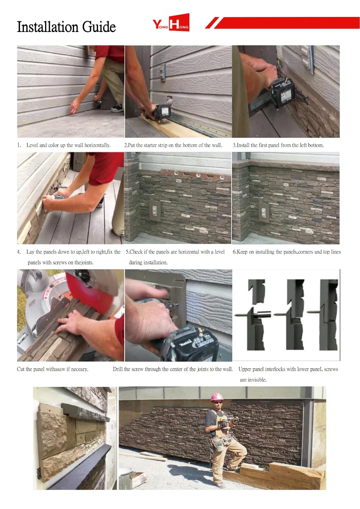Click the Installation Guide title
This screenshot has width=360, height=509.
(x=66, y=27)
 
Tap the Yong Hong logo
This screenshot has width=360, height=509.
(x=171, y=23)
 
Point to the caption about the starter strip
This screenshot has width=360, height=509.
(x=173, y=145)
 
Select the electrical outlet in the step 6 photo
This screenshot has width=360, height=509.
(x=263, y=212)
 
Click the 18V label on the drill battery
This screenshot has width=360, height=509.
(x=199, y=340)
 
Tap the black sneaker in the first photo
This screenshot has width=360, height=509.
(x=117, y=108)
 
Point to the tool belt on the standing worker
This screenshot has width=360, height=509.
(x=221, y=441)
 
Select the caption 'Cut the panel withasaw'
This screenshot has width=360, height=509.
(x=53, y=369)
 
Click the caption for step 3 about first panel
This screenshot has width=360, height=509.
(x=278, y=145)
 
